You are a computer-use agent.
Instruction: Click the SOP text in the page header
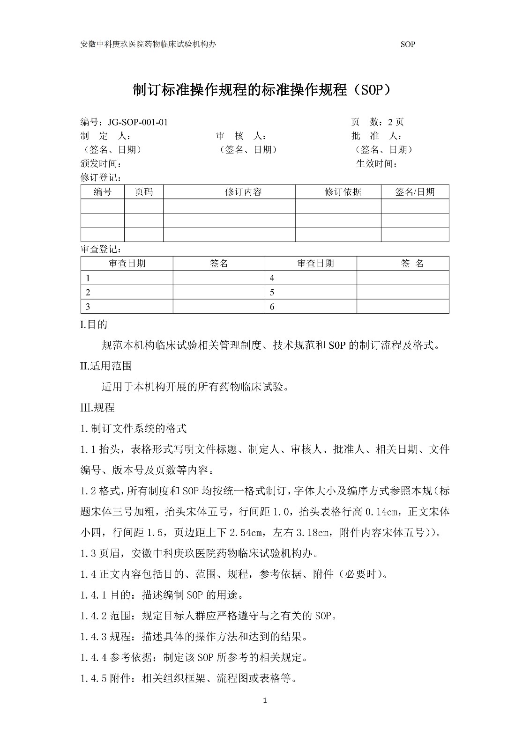[408, 44]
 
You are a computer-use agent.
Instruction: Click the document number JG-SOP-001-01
[138, 122]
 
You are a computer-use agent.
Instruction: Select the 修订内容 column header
[243, 192]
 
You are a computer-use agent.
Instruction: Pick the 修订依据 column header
[343, 192]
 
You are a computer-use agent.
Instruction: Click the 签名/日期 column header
[415, 192]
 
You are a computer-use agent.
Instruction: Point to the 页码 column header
[143, 192]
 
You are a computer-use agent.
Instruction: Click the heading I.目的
[94, 324]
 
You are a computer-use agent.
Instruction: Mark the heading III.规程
[97, 407]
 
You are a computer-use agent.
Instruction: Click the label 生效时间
[377, 164]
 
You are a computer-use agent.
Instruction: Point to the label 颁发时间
[101, 164]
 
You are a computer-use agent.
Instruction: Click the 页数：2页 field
[377, 122]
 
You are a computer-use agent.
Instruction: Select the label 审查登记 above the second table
[101, 250]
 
